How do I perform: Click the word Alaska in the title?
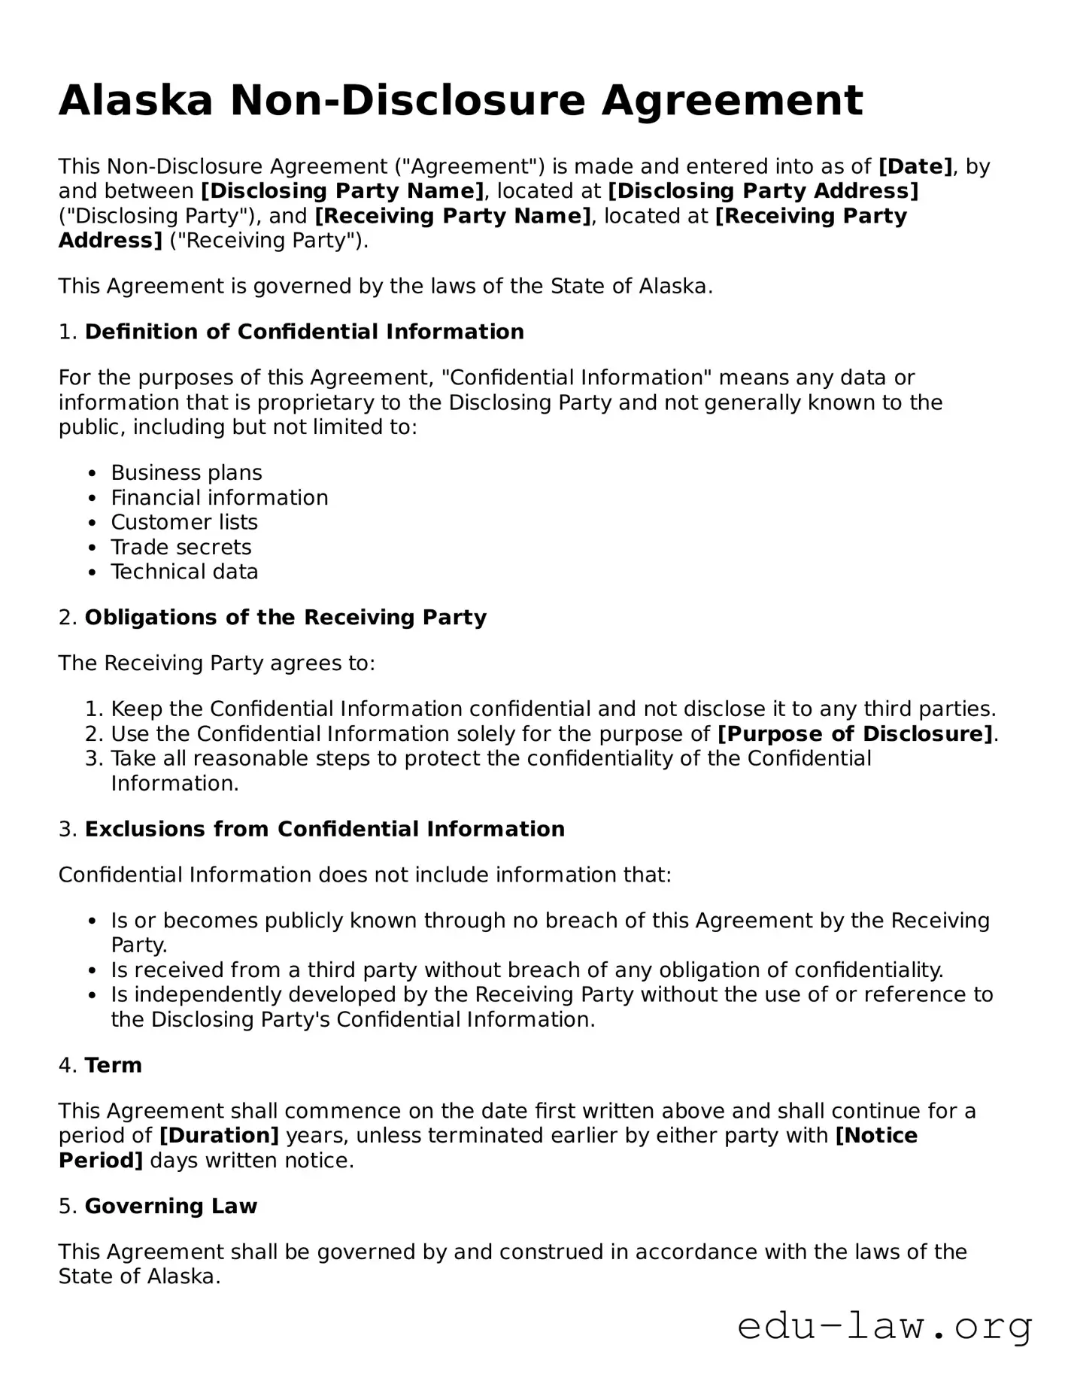click(136, 101)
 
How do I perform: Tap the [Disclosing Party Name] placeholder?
click(342, 191)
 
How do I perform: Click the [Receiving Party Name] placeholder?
click(453, 216)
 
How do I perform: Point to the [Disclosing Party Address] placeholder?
click(763, 191)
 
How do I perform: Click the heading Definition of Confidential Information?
click(304, 332)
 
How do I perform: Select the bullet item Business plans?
click(187, 472)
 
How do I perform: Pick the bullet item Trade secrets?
click(181, 547)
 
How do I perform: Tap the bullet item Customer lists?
click(184, 522)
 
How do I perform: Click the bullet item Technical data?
click(184, 572)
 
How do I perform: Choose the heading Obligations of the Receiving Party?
click(285, 618)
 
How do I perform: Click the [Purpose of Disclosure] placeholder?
click(855, 733)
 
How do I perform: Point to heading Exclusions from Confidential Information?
click(324, 829)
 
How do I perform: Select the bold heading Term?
click(113, 1065)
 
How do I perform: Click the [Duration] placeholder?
click(219, 1135)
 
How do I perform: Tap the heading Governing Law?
click(171, 1206)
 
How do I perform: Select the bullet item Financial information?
click(220, 497)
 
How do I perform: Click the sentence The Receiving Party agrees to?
click(217, 663)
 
